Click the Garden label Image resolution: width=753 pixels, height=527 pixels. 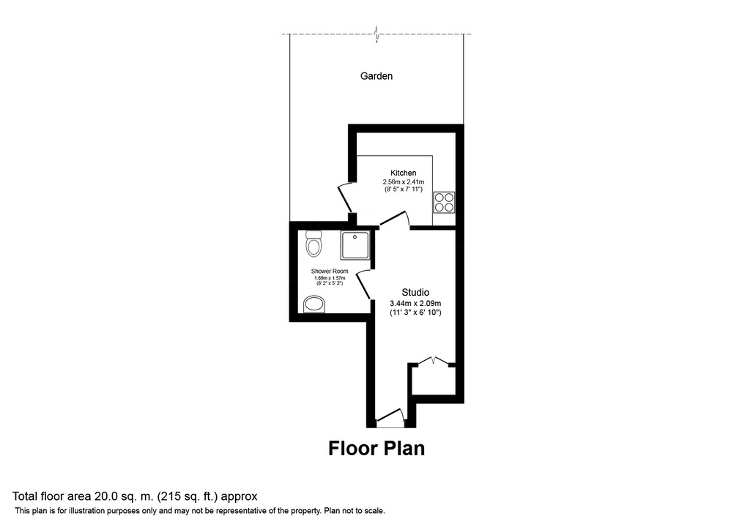pos(376,76)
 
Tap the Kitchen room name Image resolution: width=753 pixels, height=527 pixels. pos(404,173)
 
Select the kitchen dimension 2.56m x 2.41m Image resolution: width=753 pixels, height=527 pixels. pos(404,182)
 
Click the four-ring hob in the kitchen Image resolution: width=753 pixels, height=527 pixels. pos(444,202)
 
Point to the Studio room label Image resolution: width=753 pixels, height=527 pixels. pos(415,292)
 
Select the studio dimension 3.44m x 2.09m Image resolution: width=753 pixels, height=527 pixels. pos(415,303)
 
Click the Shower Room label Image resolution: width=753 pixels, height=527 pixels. pos(330,271)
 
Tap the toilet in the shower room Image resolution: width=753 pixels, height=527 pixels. pos(314,243)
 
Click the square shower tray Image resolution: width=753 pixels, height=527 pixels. pos(355,245)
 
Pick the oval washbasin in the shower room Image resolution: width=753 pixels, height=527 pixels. pos(314,304)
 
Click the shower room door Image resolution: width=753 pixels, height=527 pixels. pos(363,285)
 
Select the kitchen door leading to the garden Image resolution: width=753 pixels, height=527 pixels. pos(346,198)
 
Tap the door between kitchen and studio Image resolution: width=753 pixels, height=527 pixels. pos(395,220)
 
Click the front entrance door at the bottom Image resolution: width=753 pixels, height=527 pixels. pos(390,418)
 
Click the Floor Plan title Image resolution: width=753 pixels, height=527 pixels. pos(376,448)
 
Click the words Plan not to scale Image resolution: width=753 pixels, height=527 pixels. pos(355,511)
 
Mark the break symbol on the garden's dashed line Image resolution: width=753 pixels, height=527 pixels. pos(377,34)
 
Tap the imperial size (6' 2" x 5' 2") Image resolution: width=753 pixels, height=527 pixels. pos(330,283)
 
